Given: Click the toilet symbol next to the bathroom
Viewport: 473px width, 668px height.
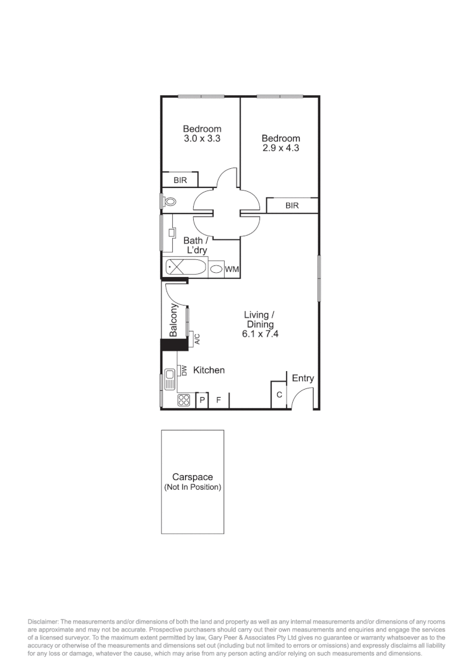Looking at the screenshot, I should (169, 202).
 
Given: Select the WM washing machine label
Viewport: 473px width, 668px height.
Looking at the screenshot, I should (232, 270).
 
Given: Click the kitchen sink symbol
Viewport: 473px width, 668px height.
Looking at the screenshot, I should (170, 378).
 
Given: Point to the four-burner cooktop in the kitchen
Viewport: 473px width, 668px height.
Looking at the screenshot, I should (183, 400).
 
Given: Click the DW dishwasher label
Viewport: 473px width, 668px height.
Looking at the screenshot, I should (184, 370).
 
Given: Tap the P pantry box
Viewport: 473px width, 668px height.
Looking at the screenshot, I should (202, 401).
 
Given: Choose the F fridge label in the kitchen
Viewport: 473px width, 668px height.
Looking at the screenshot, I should (219, 401).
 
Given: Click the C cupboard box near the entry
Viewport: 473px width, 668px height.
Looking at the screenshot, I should (279, 395).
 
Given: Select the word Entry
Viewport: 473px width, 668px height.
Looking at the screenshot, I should (303, 379).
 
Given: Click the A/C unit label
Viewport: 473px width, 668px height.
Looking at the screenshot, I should (197, 338).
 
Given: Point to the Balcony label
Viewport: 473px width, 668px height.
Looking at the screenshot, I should (174, 320).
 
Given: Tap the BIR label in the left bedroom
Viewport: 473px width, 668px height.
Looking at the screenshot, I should (180, 181).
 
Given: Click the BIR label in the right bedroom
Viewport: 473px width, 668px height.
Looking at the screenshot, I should (292, 206).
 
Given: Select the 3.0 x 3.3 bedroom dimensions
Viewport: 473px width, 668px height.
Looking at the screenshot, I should (202, 139).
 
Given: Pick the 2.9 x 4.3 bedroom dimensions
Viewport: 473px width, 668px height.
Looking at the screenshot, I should (280, 148).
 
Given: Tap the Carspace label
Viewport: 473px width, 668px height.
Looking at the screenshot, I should (193, 477).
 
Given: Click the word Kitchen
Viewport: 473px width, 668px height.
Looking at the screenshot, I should (209, 370).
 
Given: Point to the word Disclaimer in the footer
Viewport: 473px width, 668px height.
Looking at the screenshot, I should (43, 621).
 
